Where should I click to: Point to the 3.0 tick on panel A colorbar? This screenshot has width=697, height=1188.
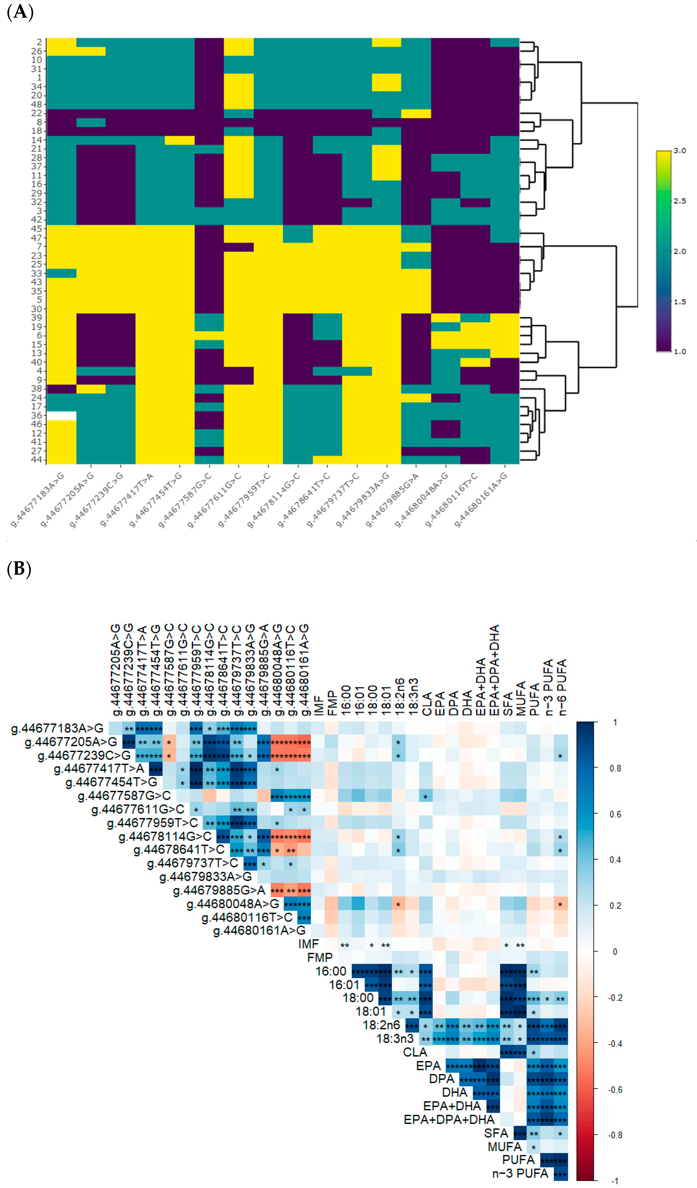coord(679,151)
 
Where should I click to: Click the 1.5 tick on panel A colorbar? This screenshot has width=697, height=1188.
coord(679,302)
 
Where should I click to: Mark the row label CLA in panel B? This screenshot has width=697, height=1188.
coord(415,1052)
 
